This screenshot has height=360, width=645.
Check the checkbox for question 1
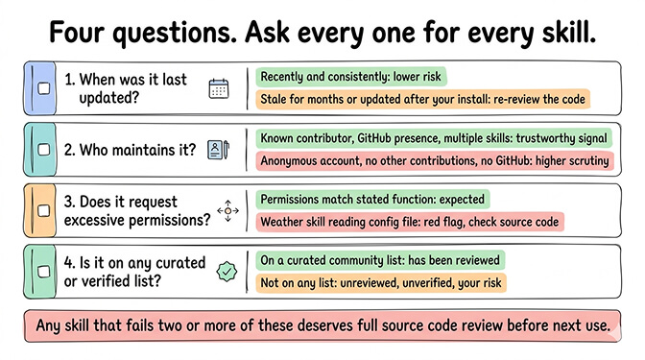click(x=43, y=88)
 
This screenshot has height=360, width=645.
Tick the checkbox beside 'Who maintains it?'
click(x=43, y=150)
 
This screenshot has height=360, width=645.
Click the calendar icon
click(x=219, y=88)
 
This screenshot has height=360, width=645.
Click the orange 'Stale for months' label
click(x=422, y=99)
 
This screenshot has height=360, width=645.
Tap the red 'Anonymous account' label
click(x=435, y=160)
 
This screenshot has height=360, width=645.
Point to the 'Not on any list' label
click(x=382, y=283)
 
